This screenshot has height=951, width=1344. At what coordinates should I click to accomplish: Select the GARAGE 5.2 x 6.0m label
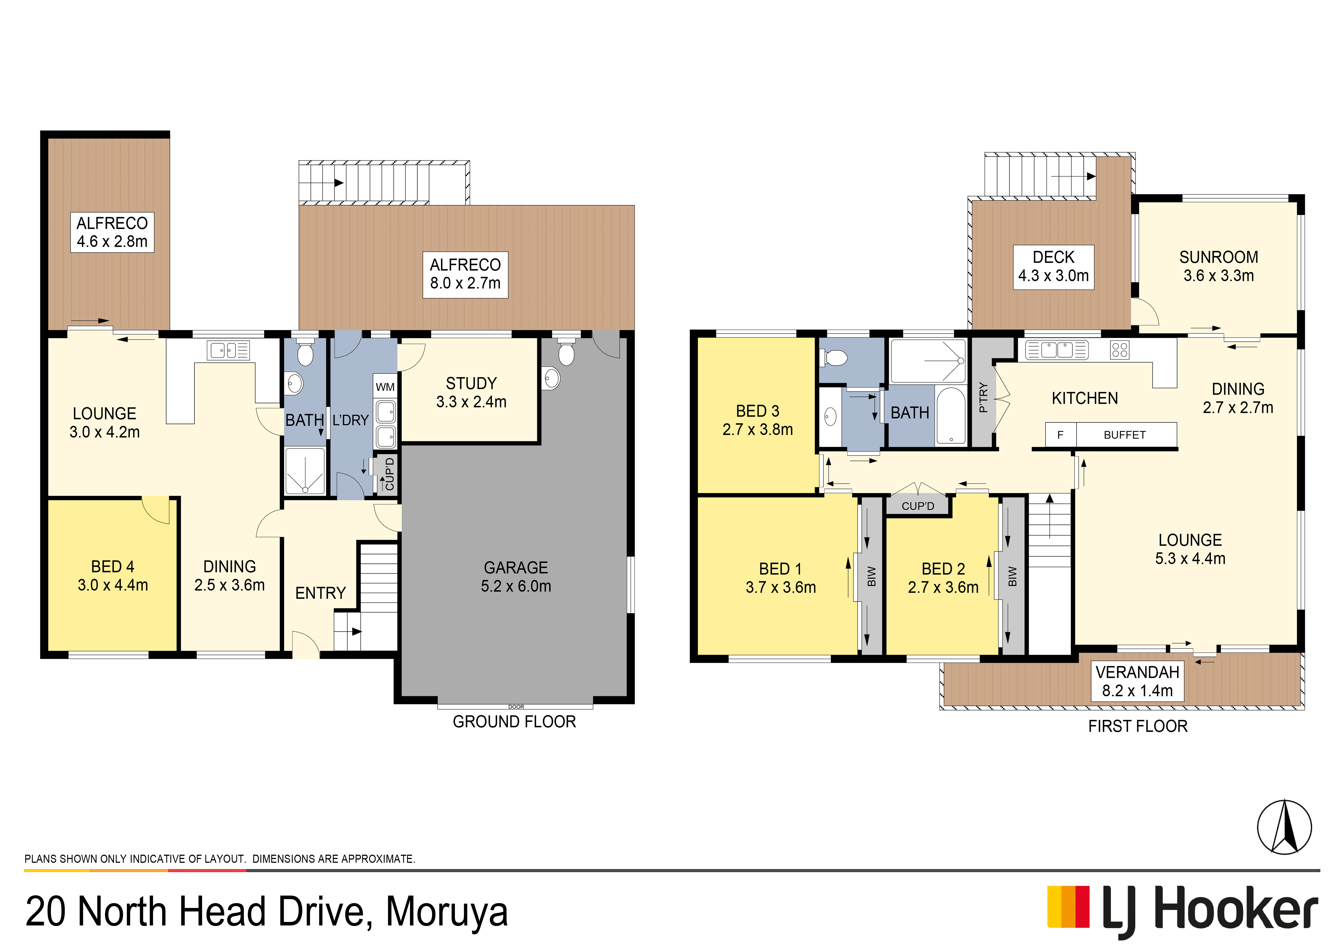[516, 577]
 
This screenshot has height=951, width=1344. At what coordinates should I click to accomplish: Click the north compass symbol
[1284, 827]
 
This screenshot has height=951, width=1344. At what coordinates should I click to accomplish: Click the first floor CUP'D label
[918, 506]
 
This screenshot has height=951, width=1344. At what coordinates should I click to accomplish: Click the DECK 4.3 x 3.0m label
[1053, 266]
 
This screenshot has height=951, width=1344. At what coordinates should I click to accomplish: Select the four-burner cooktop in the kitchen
[1119, 350]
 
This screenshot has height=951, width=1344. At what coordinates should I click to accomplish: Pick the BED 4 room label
[112, 576]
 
